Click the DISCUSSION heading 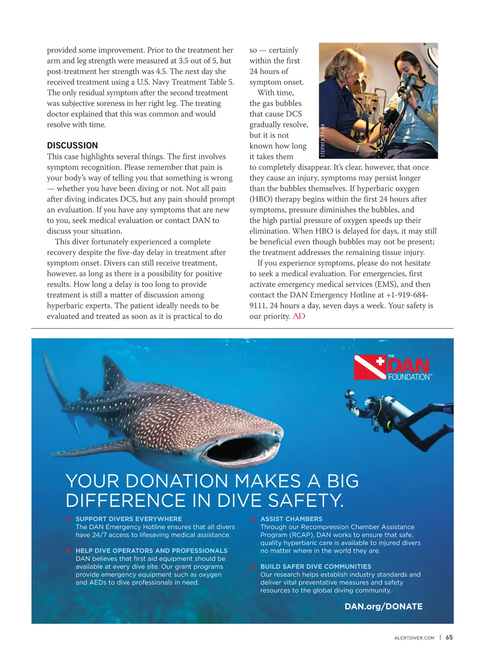tap(72, 146)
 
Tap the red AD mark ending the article tap(299, 316)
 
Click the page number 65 tap(449, 637)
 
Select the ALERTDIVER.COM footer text tap(414, 638)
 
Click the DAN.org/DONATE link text tap(383, 606)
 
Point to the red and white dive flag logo tap(369, 367)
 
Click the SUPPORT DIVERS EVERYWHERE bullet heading tap(129, 519)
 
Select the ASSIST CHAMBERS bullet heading tap(291, 519)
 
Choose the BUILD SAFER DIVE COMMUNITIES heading tap(315, 566)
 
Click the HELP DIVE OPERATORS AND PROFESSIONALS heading tap(151, 551)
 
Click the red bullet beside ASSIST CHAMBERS tap(253, 519)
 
